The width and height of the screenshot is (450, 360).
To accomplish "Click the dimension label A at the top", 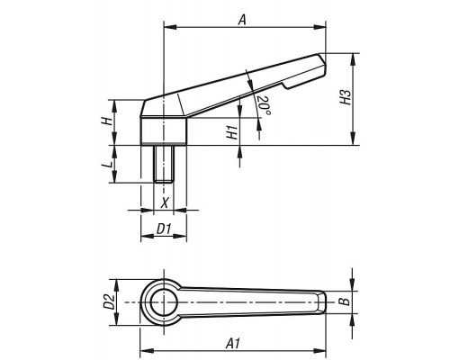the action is [242, 20].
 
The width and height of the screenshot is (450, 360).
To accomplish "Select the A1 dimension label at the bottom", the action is [233, 343].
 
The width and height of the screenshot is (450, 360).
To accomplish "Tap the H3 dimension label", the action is [346, 97].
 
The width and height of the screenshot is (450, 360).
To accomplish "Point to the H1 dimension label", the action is [232, 132].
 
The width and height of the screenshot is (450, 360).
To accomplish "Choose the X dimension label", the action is [165, 202].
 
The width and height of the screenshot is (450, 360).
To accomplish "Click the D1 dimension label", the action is [164, 229].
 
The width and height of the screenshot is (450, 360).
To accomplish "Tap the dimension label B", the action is [346, 301].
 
